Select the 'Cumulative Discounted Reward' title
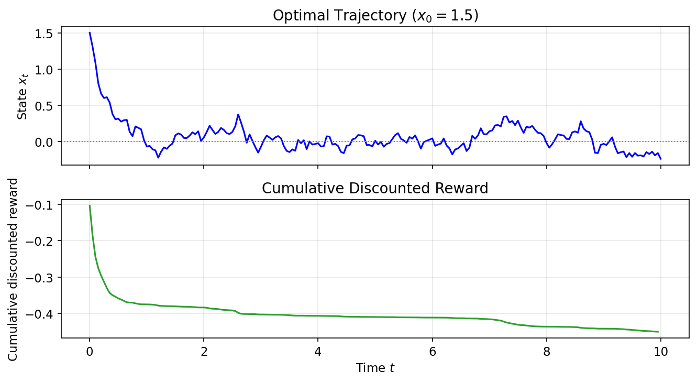(375, 188)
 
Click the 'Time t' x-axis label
(375, 368)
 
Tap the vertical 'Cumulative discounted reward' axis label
(13, 269)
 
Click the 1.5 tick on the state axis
(48, 33)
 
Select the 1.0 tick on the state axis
(48, 69)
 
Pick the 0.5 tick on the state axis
(48, 105)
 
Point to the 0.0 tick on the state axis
(48, 142)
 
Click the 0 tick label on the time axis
(90, 352)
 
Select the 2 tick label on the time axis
(204, 352)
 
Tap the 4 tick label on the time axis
(318, 352)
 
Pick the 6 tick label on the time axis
(432, 352)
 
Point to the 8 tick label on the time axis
(547, 352)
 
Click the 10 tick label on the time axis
(661, 352)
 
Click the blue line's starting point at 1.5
(90, 32)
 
